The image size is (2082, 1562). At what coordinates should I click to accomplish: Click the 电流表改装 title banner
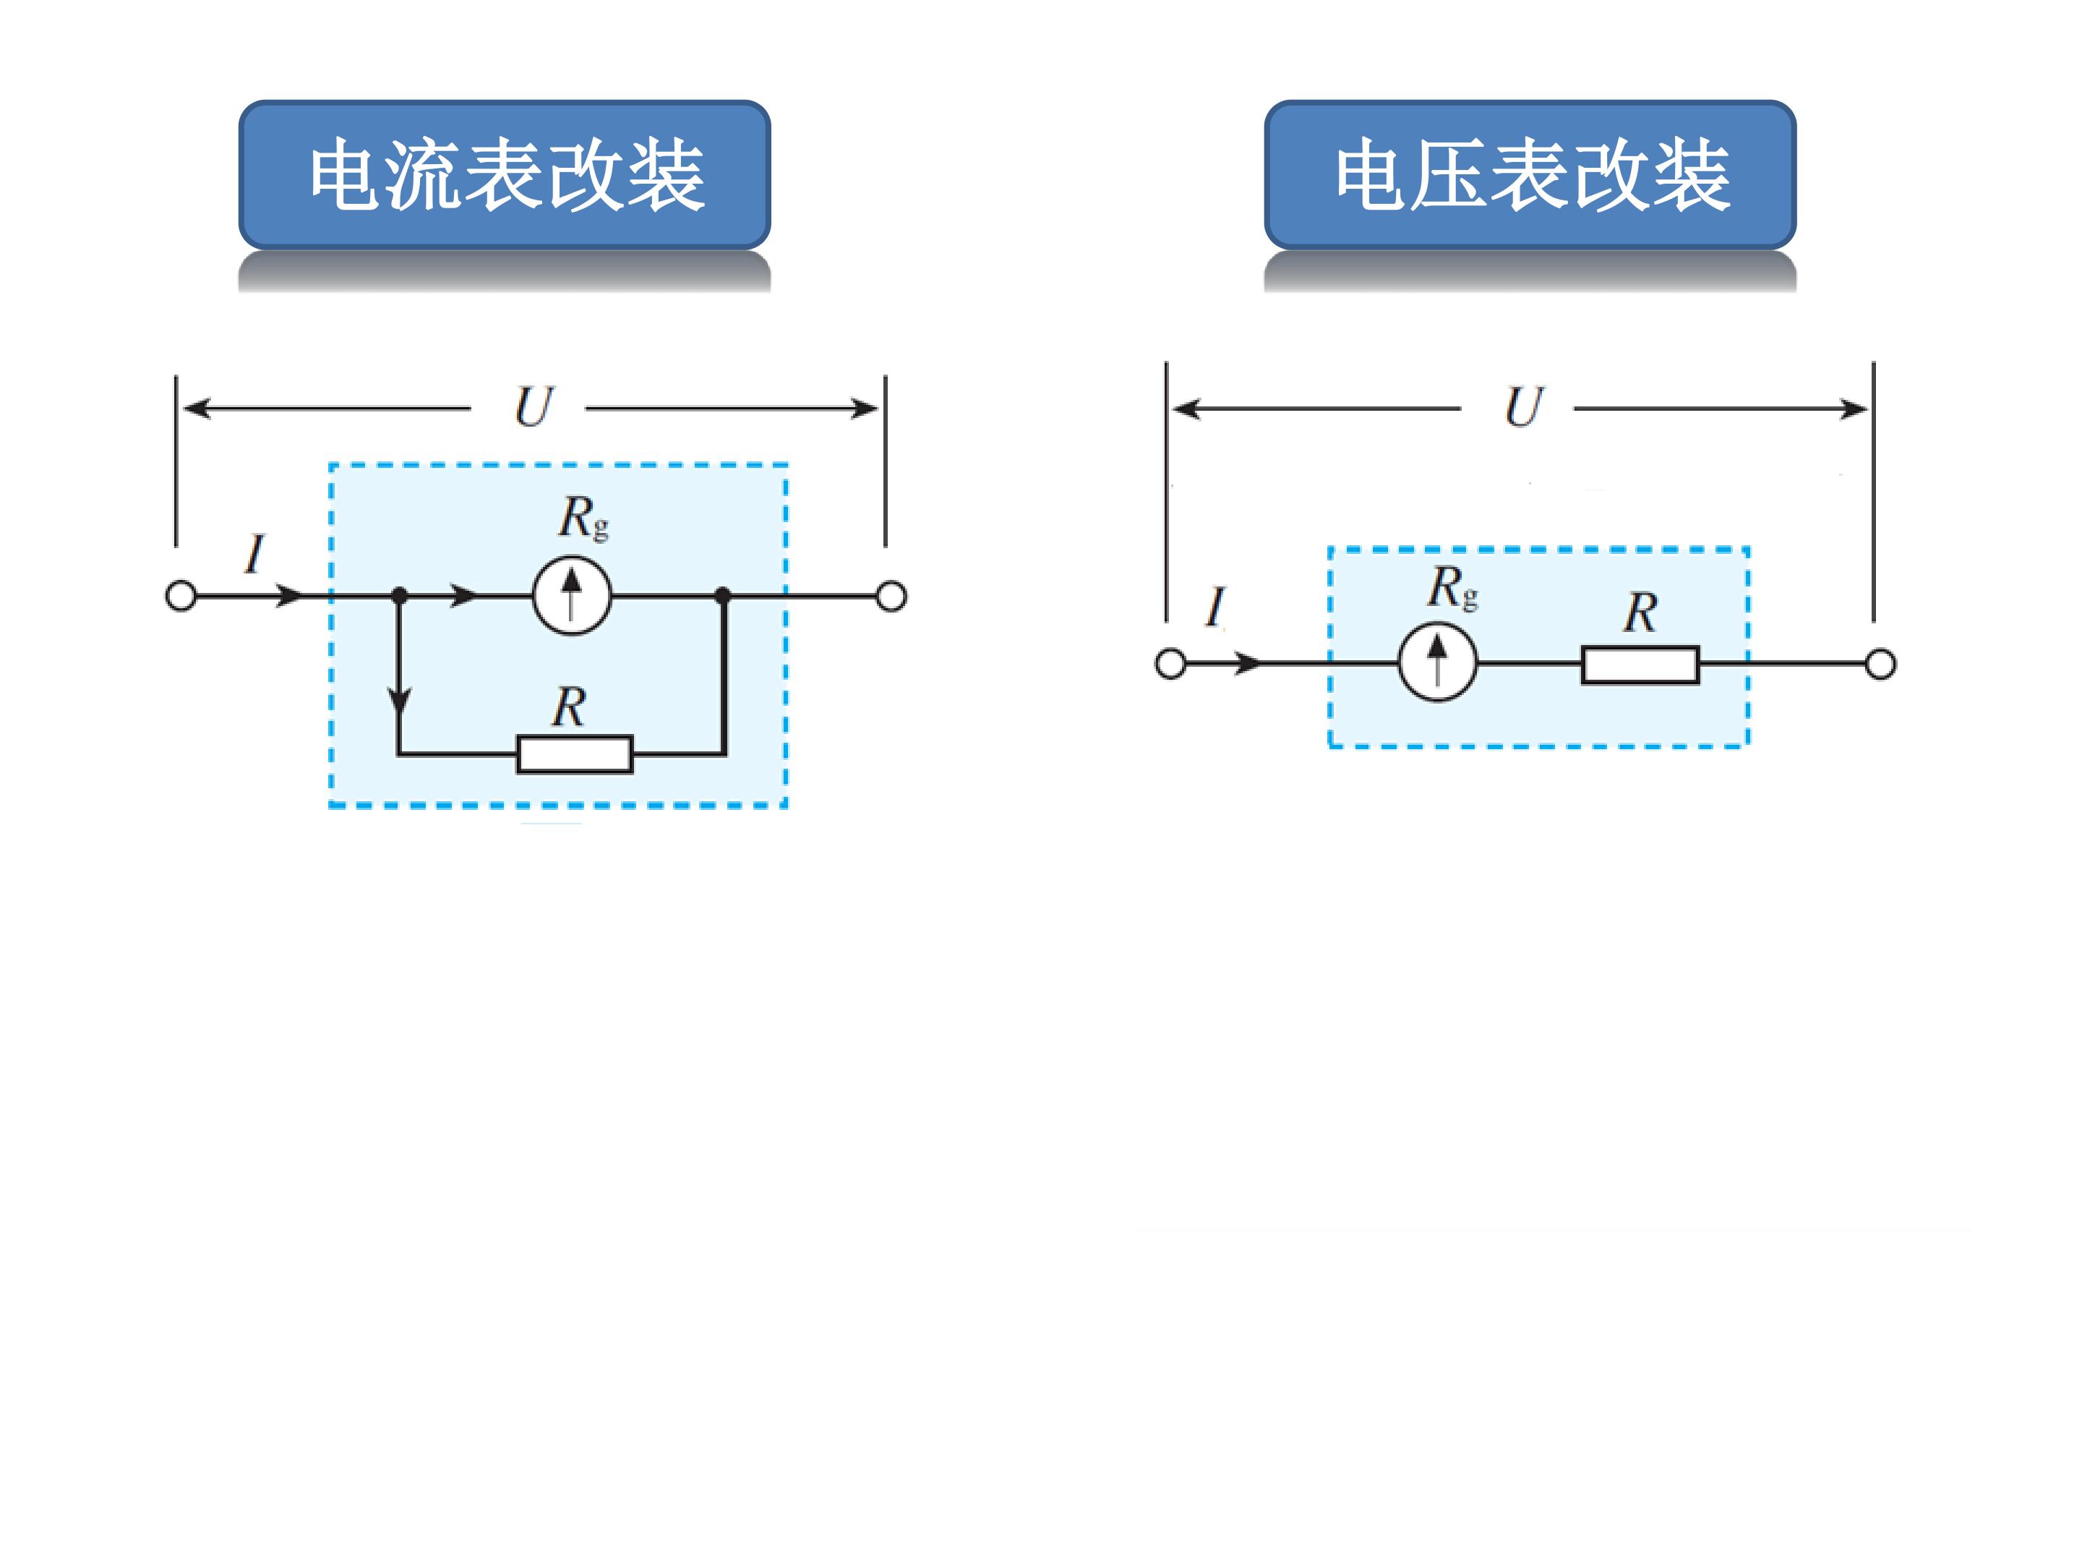pos(505,175)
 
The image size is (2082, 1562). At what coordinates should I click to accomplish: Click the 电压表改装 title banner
pos(1530,175)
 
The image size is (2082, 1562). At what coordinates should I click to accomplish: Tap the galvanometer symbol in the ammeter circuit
pos(573,595)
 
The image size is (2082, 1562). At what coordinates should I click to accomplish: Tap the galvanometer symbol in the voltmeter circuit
pos(1437,663)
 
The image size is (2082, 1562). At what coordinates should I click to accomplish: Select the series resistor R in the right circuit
pos(1640,665)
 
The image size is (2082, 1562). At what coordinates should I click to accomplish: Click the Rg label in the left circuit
pos(583,518)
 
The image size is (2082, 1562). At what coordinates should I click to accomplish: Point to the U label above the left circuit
pos(534,408)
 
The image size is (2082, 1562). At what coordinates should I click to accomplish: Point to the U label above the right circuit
pos(1524,408)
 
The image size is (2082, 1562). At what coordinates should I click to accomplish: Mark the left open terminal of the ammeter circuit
pos(181,596)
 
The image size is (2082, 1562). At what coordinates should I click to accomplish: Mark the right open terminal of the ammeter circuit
pos(891,596)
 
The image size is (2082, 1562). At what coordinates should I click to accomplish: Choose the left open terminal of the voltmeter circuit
pos(1171,664)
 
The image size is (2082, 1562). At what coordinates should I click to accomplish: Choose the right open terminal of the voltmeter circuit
pos(1880,665)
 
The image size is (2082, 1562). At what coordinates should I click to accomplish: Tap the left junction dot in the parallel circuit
pos(399,596)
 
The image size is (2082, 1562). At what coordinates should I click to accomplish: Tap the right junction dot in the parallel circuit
pos(723,596)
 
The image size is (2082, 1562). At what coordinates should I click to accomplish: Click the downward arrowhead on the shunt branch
pos(399,701)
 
